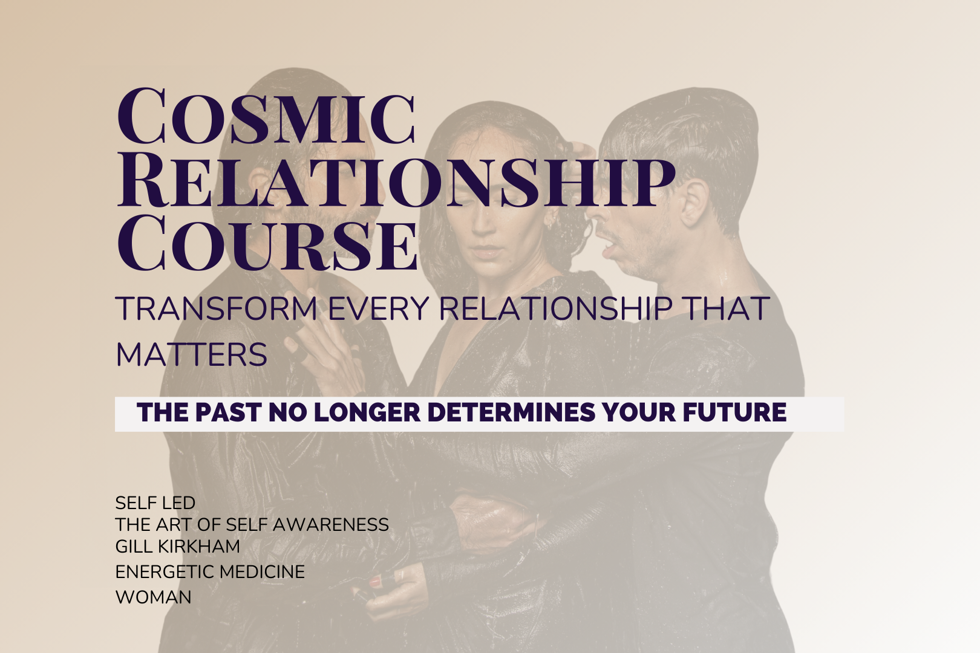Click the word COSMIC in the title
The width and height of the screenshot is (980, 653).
[x=266, y=115]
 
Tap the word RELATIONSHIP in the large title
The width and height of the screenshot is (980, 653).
[x=396, y=181]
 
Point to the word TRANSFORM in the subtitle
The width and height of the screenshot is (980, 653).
[x=216, y=308]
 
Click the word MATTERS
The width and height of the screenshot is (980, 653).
[x=192, y=354]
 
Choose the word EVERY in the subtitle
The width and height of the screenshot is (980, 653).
[x=379, y=308]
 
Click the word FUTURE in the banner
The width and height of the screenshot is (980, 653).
[x=734, y=412]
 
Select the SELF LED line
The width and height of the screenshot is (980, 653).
[x=155, y=503]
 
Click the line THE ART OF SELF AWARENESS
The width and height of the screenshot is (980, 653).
[x=252, y=524]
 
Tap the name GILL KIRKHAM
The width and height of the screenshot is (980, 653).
[x=178, y=546]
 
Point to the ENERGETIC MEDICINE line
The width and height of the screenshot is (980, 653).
[x=210, y=571]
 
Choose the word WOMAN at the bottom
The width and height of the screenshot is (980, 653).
[x=154, y=597]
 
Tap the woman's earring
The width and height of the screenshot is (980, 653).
[x=551, y=222]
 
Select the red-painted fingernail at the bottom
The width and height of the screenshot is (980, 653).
[x=375, y=582]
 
